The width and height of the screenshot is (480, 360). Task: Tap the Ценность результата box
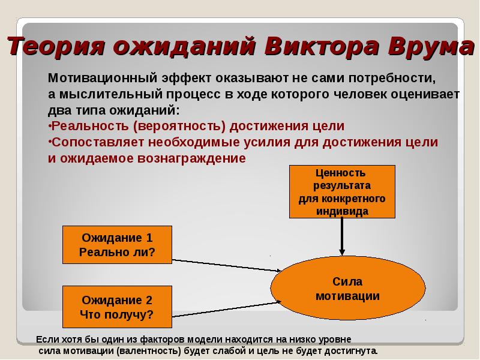pos(342,191)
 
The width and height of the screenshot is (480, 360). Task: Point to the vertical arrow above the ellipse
pos(342,237)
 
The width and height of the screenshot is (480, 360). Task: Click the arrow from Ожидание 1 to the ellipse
pos(228,266)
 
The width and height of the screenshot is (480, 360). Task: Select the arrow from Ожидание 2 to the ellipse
pos(228,308)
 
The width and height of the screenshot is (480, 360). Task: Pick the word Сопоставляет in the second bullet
pos(98,142)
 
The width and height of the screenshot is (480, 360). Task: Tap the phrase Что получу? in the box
pos(117,314)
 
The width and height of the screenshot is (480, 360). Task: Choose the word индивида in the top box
pos(342,211)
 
